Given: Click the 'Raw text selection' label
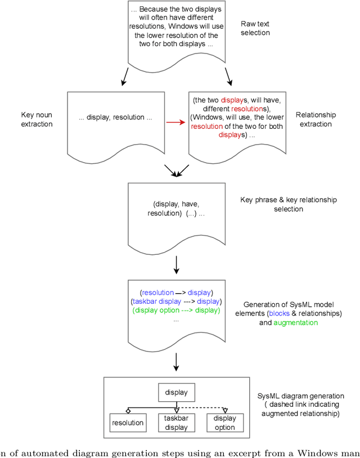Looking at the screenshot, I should [x=255, y=28].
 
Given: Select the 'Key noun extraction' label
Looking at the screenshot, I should [x=37, y=119].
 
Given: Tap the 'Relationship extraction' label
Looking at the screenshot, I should [x=316, y=119].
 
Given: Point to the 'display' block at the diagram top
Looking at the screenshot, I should [x=177, y=392].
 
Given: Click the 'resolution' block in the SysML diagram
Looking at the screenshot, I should [x=128, y=423].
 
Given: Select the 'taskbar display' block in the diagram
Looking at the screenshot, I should [x=177, y=423].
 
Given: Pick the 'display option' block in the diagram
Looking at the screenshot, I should [x=225, y=423].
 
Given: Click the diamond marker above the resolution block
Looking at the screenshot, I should [x=128, y=410].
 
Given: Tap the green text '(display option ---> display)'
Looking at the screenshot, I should [x=176, y=310].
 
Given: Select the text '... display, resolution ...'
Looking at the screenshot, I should [x=115, y=118].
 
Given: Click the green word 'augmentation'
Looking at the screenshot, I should [x=296, y=323].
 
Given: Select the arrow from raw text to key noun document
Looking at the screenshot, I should [x=125, y=77].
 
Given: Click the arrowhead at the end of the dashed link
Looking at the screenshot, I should [x=225, y=411].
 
